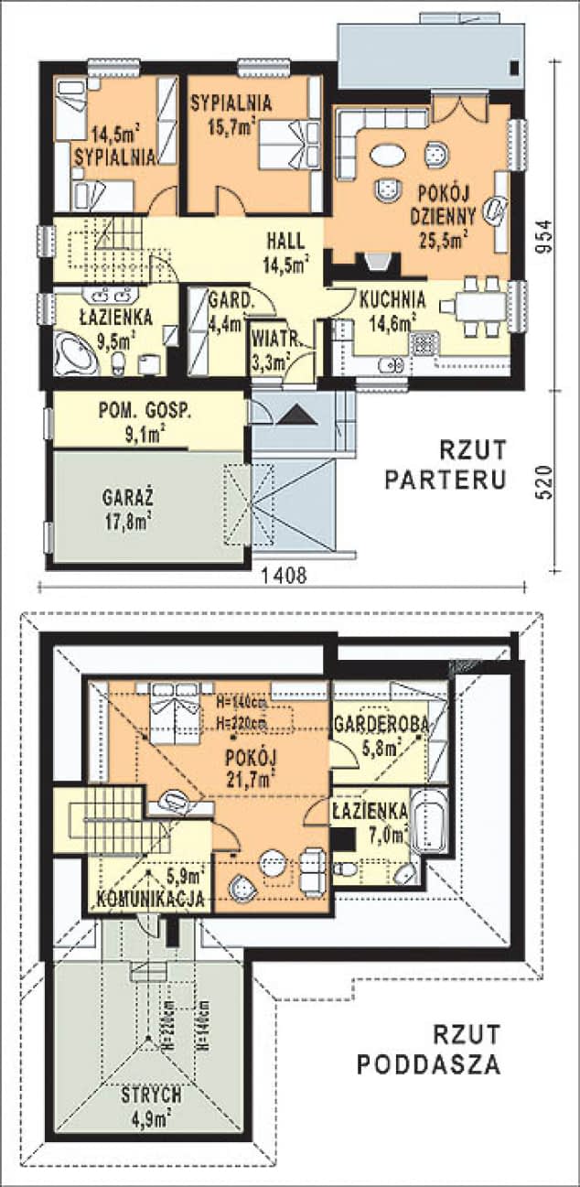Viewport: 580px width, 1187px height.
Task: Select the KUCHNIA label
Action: click(392, 299)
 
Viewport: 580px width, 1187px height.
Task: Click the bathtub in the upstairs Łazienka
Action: click(429, 821)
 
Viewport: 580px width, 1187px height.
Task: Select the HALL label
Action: click(285, 241)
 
